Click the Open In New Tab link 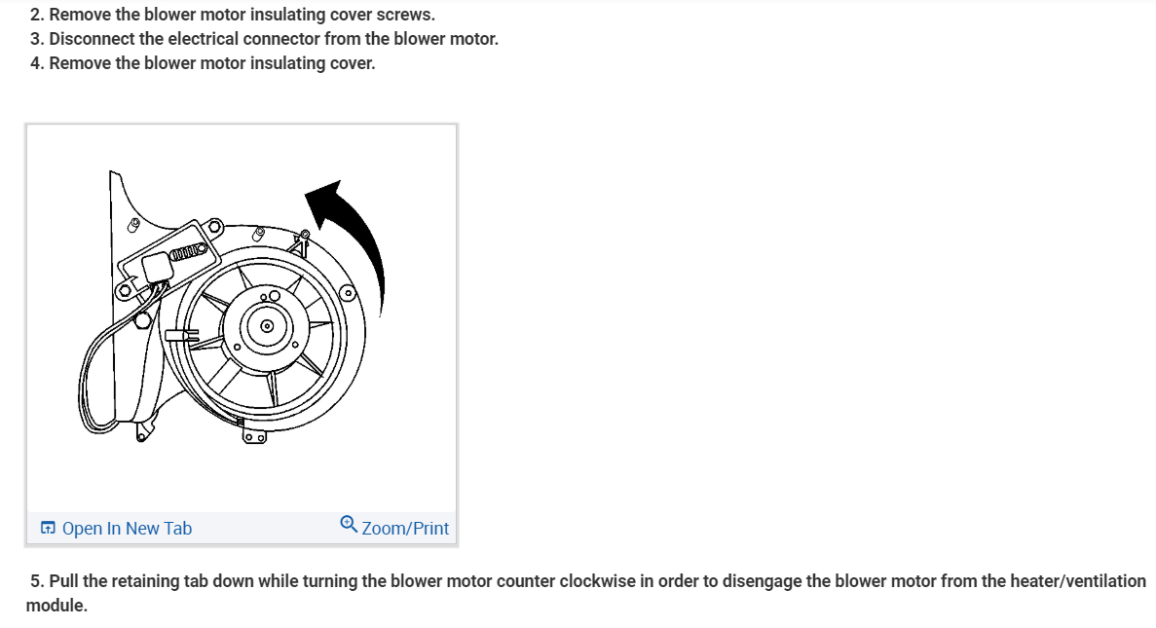pos(127,529)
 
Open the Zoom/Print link pos(405,529)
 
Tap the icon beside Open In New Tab pos(48,529)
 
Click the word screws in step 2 pos(405,16)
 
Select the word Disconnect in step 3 pos(93,39)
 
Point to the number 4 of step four pos(35,63)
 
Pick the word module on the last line pos(56,605)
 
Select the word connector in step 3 pos(284,39)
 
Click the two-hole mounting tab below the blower pos(255,437)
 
